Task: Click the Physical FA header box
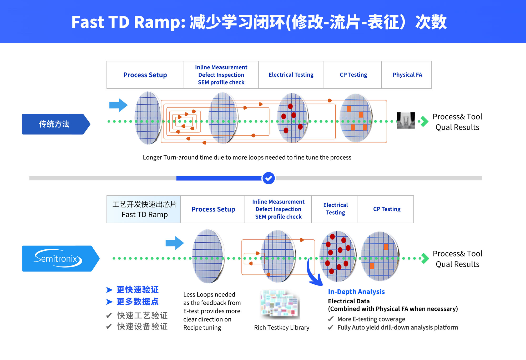(x=407, y=75)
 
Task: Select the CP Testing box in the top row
(x=353, y=75)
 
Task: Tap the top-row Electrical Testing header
(x=291, y=75)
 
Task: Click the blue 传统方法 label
(x=54, y=124)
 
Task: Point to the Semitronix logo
(x=58, y=258)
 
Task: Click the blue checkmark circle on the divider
(x=269, y=178)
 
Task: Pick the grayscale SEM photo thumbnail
(x=406, y=120)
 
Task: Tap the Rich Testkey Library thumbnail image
(x=280, y=304)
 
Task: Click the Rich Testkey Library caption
(x=281, y=328)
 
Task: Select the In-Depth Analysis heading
(x=356, y=292)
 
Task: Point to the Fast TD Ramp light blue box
(x=144, y=209)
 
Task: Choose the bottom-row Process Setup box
(x=213, y=209)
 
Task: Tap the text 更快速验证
(x=138, y=290)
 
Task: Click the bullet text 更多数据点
(x=138, y=302)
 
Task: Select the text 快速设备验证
(x=142, y=327)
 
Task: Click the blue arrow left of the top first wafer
(x=118, y=105)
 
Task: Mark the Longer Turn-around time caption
(x=247, y=157)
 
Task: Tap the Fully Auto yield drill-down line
(x=397, y=327)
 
